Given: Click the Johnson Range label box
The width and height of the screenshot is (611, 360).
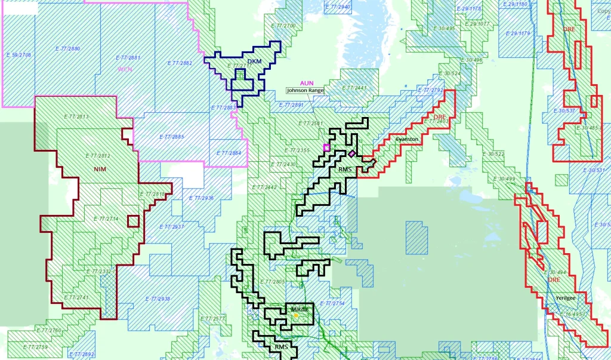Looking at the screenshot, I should click(305, 91).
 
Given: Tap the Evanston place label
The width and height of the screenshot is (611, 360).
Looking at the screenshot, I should click(407, 139).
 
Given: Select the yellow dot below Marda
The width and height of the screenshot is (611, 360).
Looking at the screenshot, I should click(295, 315).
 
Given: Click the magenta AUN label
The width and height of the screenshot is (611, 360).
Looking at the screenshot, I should click(307, 83).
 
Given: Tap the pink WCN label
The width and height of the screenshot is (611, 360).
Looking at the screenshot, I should click(125, 69).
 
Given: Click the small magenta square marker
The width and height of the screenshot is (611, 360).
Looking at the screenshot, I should click(326, 147).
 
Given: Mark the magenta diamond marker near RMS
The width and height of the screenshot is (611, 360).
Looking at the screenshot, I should click(352, 153).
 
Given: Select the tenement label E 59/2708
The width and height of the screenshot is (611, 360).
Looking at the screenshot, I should click(18, 55).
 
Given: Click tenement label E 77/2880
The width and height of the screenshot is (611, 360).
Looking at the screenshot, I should click(67, 48).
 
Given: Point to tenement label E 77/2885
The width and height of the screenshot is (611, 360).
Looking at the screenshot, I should click(172, 137).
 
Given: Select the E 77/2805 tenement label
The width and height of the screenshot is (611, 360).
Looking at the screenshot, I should click(273, 281).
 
